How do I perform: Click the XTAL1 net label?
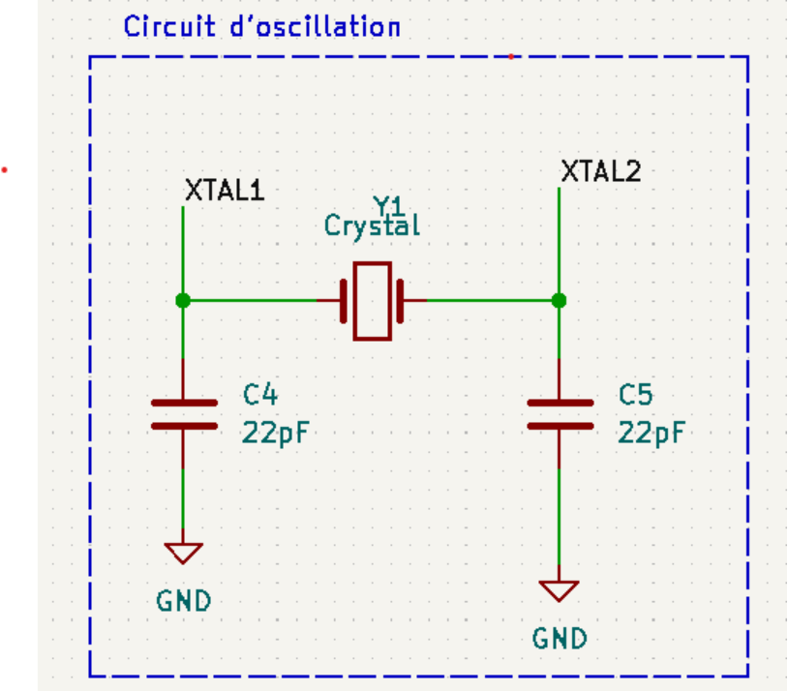(x=224, y=190)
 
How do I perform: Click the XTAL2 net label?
(x=600, y=172)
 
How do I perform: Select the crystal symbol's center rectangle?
(x=372, y=301)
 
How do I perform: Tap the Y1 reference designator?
(x=389, y=205)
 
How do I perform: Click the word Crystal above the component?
(x=372, y=226)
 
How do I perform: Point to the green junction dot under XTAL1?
(x=183, y=301)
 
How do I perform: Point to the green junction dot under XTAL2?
(x=559, y=301)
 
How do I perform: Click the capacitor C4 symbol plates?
(x=183, y=413)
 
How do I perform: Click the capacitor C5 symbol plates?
(x=559, y=413)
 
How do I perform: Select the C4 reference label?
(x=259, y=395)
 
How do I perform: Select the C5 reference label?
(x=635, y=395)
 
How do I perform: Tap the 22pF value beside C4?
(x=275, y=432)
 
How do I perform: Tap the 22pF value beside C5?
(x=651, y=432)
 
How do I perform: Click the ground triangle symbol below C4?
(x=183, y=553)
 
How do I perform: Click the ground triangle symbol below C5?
(x=559, y=589)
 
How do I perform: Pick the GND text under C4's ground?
(x=183, y=601)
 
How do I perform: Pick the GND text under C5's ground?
(x=560, y=638)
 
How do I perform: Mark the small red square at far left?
(x=5, y=170)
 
